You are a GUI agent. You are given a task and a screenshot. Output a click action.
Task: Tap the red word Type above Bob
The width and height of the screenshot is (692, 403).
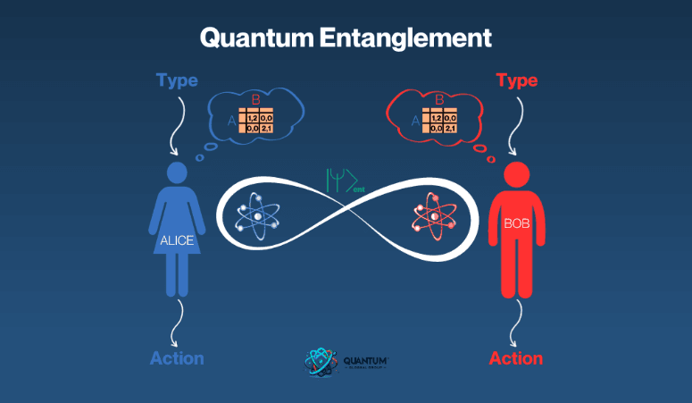(516, 80)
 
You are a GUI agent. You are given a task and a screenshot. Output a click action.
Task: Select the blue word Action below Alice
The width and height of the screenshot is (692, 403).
(177, 358)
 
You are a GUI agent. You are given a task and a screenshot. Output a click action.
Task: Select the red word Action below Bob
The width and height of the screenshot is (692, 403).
(516, 358)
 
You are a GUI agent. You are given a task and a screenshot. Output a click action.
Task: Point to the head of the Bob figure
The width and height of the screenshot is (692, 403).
(516, 173)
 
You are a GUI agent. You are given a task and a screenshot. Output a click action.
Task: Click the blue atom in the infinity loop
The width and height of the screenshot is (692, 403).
(258, 216)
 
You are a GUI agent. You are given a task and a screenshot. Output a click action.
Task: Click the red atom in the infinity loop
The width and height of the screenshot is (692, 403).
(436, 216)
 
